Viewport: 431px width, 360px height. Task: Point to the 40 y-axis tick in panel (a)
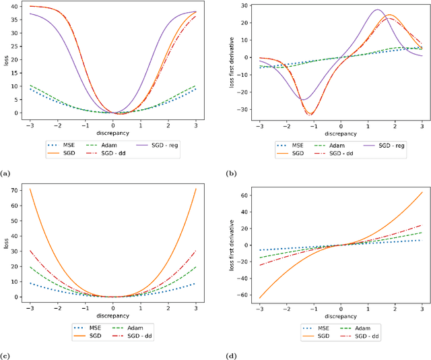pos(14,7)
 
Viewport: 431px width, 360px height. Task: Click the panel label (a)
pos(6,174)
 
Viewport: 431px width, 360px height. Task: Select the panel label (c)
pos(6,357)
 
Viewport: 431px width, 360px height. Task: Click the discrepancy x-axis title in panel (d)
pos(340,316)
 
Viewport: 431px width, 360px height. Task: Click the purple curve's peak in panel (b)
pos(376,9)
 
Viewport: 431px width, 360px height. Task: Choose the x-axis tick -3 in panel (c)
pos(31,307)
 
